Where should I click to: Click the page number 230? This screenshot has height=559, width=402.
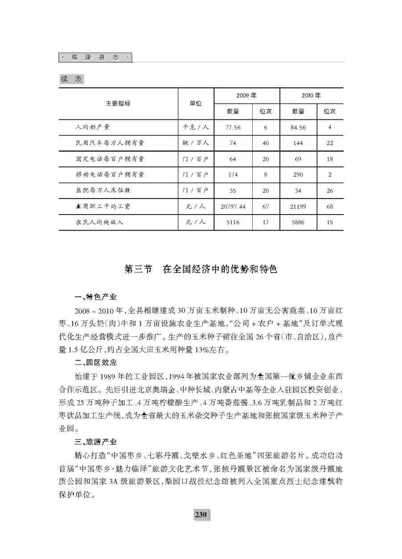tap(201, 514)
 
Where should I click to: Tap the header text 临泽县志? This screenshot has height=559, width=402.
tap(96, 58)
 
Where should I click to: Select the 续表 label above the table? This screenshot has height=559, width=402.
tap(71, 79)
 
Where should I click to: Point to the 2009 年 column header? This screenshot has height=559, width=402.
tap(246, 96)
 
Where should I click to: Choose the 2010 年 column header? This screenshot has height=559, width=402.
tap(311, 96)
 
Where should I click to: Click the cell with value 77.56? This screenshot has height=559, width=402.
tap(233, 127)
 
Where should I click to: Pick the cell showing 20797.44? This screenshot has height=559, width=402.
tap(233, 207)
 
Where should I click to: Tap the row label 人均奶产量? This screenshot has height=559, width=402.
tap(93, 127)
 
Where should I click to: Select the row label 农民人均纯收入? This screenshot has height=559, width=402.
tap(99, 222)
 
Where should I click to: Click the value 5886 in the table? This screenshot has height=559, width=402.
tap(298, 222)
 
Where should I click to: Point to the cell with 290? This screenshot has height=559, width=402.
tap(298, 175)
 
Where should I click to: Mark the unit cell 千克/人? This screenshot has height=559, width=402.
tap(196, 127)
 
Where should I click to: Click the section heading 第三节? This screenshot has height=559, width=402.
tap(139, 270)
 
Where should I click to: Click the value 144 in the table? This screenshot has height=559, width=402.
tap(298, 143)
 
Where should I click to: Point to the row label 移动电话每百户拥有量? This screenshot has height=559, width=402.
tap(110, 175)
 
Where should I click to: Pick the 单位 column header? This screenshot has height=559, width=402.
tap(196, 103)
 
